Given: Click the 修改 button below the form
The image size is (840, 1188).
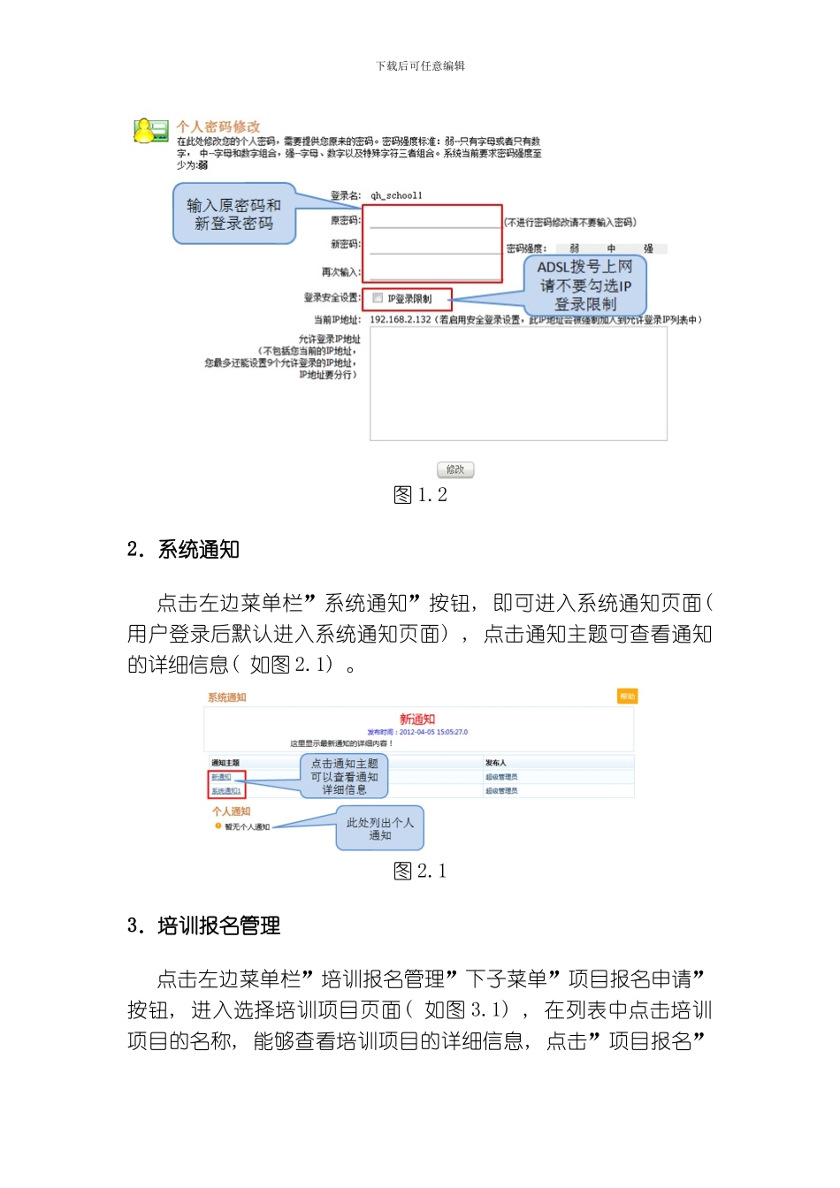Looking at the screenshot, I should coord(455,469).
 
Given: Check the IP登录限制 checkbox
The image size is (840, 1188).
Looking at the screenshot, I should coord(378,299).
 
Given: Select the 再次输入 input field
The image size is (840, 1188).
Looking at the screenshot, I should coord(434,271).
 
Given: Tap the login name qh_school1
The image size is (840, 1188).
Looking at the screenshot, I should coord(396,195).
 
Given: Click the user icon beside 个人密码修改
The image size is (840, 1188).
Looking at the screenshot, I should coord(150,131).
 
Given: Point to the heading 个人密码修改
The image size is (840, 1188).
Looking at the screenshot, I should coord(218,126).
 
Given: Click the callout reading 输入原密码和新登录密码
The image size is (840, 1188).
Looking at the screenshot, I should coord(233,214).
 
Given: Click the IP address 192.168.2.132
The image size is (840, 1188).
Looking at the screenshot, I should coord(401,320).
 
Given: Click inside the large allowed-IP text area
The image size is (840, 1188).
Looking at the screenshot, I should coord(518,385).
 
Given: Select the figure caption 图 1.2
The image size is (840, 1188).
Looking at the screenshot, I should coord(420,495).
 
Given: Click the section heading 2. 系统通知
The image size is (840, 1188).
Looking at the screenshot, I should coord(183,550).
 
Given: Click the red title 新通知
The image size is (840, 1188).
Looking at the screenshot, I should coord(417,720).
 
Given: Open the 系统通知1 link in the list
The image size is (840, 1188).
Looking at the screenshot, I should coord(226,791).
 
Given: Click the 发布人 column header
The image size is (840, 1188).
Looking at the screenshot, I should coord(496,763).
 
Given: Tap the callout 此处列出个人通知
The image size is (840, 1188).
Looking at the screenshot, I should coord(379,828).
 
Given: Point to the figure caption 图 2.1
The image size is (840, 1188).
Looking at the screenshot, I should coord(420,872).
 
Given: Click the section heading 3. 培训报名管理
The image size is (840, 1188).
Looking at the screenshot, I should coord(203,925).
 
